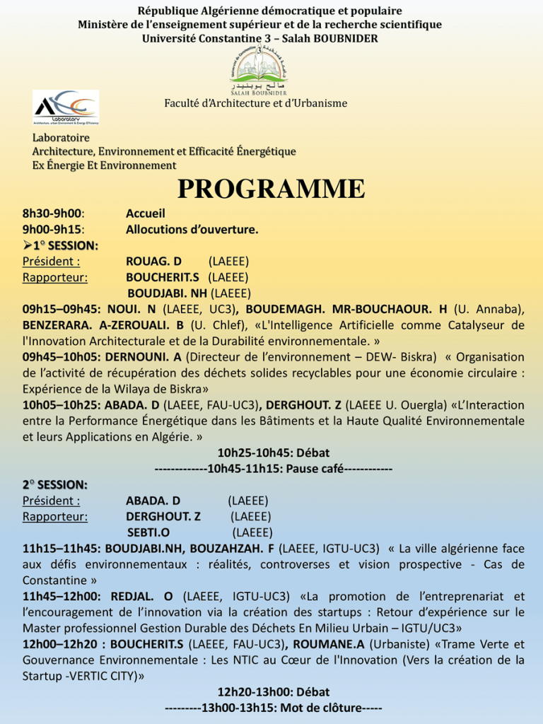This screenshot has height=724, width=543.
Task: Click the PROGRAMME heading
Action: [271, 189]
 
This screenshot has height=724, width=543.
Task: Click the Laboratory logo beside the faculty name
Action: [66, 107]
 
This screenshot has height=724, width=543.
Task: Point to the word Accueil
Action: [145, 214]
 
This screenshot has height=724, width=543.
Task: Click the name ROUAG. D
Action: [153, 262]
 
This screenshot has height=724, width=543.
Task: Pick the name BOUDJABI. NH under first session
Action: [168, 293]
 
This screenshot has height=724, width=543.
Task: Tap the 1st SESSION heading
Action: [64, 245]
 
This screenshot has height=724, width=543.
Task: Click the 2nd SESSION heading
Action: [54, 485]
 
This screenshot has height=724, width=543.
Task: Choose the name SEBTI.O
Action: [148, 532]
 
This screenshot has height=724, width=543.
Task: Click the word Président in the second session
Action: [51, 501]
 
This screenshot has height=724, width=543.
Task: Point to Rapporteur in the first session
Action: [55, 277]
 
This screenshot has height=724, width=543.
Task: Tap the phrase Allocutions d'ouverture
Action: [192, 230]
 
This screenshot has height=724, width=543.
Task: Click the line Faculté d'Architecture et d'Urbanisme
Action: [256, 103]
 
